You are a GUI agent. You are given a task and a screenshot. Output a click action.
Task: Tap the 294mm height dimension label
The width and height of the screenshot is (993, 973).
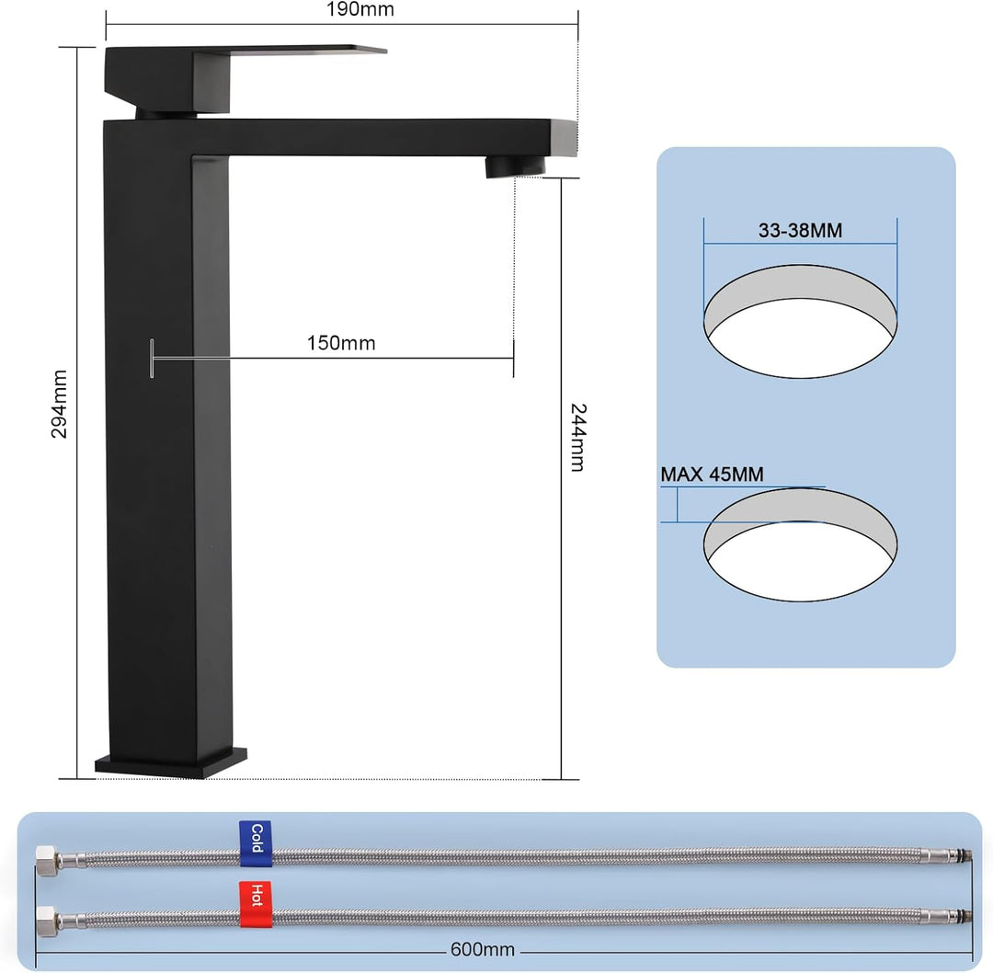coord(60,404)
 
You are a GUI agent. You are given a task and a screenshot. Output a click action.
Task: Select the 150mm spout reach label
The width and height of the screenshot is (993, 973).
coord(341,343)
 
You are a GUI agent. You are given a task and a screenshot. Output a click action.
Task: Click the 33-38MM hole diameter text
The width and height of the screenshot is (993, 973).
coord(800,231)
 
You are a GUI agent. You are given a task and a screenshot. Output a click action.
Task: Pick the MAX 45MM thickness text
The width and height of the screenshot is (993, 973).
coord(712,475)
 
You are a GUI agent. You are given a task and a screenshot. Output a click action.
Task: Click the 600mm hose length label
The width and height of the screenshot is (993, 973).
coord(482,950)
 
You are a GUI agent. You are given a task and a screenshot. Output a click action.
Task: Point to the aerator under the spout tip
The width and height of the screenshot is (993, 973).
coord(513,166)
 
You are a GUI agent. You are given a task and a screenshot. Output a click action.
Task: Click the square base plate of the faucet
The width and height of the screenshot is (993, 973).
coord(171,763)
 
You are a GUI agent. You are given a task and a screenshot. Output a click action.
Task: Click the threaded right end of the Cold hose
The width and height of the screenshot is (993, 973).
coord(960,855)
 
